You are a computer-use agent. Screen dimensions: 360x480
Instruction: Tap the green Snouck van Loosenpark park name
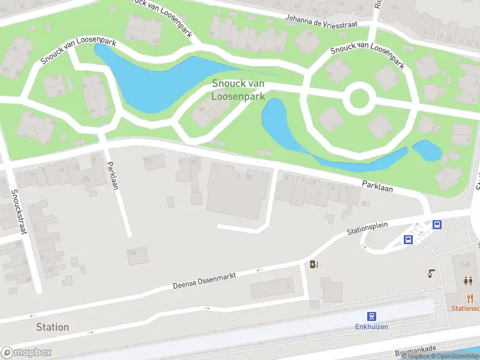[239, 90]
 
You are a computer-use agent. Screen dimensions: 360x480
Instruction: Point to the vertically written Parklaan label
[112, 175]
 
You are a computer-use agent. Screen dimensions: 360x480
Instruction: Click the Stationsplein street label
[368, 227]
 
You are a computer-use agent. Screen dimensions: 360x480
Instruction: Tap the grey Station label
[52, 327]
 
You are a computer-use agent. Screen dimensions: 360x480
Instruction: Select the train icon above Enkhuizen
[372, 316]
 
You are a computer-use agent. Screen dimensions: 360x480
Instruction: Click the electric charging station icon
[313, 265]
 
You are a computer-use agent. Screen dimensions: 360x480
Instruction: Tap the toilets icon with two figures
[468, 281]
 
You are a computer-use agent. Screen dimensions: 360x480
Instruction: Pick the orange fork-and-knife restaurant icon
[470, 298]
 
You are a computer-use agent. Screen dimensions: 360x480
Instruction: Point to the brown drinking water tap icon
[431, 274]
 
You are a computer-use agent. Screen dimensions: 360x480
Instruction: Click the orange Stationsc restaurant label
[466, 308]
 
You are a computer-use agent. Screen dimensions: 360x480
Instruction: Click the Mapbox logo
[26, 353]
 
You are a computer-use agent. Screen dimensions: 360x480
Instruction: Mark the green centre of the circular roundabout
[359, 99]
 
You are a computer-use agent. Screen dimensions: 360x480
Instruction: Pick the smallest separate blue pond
[427, 150]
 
